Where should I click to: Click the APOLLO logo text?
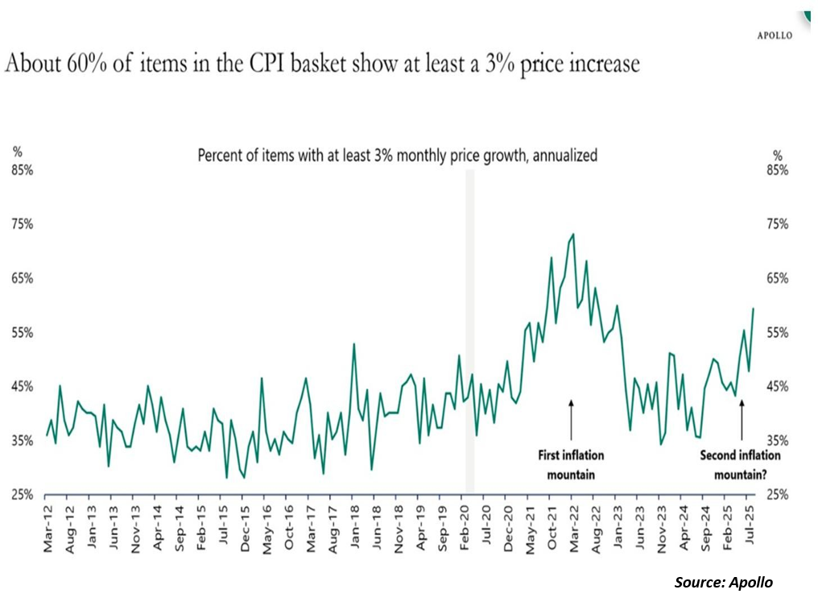tap(775, 35)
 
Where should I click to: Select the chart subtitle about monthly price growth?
tap(397, 156)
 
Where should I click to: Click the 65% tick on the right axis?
tap(778, 278)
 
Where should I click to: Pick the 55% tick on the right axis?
tap(778, 333)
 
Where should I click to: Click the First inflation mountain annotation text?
tap(571, 465)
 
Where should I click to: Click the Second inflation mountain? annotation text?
tap(740, 465)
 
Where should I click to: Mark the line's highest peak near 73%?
tap(572, 235)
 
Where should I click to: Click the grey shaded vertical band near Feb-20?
tap(469, 330)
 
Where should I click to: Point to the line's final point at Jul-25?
tap(754, 309)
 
